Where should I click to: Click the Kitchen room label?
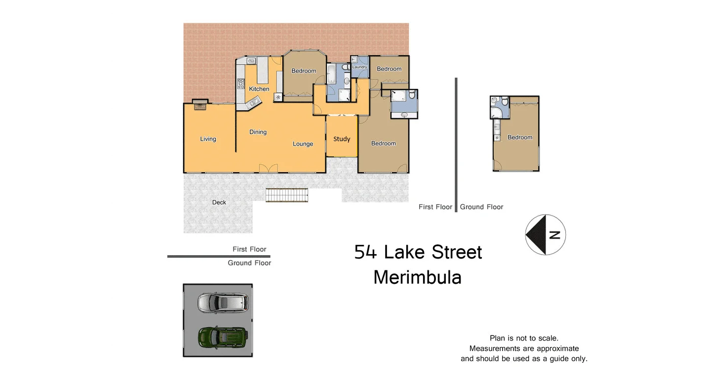click(259, 89)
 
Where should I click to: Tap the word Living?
click(208, 139)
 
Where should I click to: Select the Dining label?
click(258, 132)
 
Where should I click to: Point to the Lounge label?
click(303, 144)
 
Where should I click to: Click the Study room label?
click(342, 139)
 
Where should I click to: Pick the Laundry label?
click(359, 67)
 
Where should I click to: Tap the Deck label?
click(219, 202)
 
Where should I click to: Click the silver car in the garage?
click(223, 303)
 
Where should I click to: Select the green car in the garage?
click(223, 337)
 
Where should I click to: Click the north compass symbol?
click(545, 235)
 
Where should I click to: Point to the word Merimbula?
click(417, 277)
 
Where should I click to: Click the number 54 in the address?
click(366, 252)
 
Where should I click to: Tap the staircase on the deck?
click(287, 195)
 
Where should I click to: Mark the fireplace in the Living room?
click(200, 104)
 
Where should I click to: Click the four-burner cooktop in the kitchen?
click(241, 83)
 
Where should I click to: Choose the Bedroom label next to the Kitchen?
click(304, 71)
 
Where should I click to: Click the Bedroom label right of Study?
click(384, 143)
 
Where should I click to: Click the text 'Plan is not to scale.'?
click(524, 338)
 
